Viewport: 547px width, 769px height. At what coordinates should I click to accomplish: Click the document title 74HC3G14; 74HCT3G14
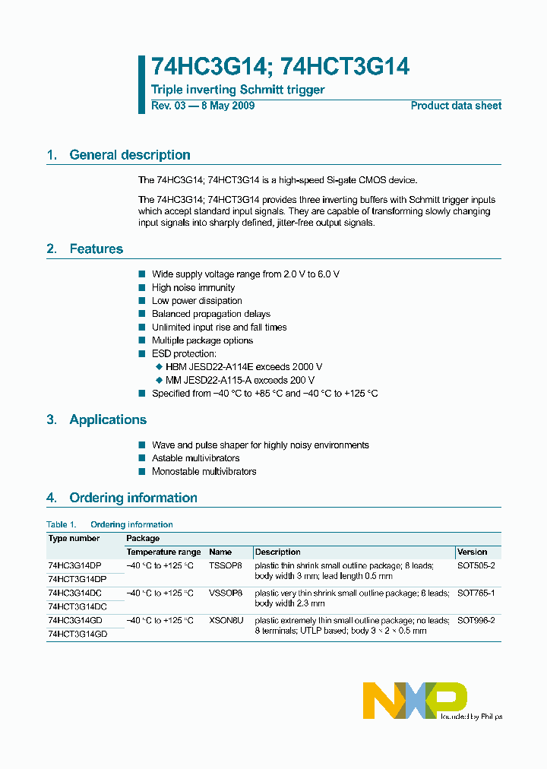click(280, 67)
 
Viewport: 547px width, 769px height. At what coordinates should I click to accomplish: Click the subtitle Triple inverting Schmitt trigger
click(238, 90)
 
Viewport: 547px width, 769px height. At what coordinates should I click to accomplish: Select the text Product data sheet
click(456, 106)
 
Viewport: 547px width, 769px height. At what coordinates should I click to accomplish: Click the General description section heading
click(129, 155)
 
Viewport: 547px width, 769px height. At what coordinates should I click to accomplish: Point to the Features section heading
click(96, 249)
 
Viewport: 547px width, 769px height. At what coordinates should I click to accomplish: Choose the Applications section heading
click(107, 420)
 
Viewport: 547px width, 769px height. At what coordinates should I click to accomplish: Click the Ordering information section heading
click(133, 498)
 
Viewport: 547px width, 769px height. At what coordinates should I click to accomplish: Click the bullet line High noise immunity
click(193, 287)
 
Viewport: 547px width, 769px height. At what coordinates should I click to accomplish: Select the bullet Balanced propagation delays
click(210, 314)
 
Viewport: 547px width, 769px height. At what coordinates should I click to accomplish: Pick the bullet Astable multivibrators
click(195, 458)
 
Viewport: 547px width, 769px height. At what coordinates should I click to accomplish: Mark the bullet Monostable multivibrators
click(204, 471)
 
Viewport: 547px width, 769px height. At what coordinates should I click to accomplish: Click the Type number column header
click(74, 538)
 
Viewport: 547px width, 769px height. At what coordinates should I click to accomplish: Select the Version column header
click(473, 552)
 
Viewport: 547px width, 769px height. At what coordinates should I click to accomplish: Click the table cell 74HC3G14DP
click(74, 566)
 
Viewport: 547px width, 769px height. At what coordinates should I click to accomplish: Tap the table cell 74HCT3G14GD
click(77, 634)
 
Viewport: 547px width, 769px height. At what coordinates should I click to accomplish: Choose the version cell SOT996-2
click(476, 621)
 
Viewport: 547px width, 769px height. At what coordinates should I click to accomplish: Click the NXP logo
click(414, 700)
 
